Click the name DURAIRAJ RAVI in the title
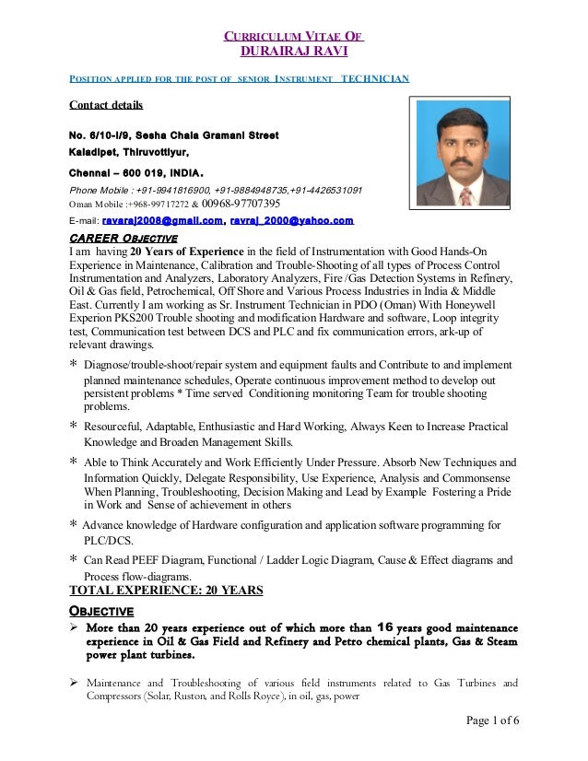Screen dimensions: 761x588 (294, 51)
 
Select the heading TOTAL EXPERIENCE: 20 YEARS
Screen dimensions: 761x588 (167, 591)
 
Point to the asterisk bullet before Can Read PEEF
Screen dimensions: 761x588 (74, 558)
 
